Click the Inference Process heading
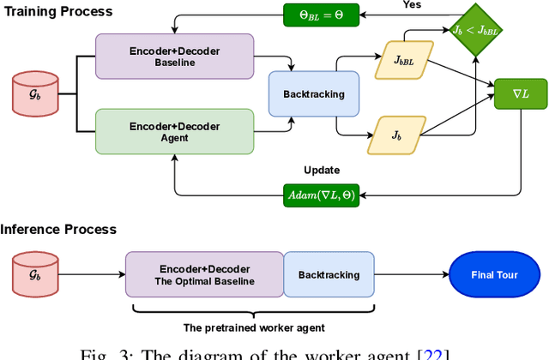[x=58, y=229]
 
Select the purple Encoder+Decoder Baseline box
[x=175, y=57]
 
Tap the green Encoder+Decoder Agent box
[x=175, y=131]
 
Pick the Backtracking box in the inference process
[x=329, y=275]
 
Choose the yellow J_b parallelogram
[x=395, y=135]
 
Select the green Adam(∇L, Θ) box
[x=322, y=196]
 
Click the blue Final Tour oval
[x=493, y=275]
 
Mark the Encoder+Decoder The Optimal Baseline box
[x=204, y=275]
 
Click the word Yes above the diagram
[x=412, y=4]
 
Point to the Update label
[x=322, y=170]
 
